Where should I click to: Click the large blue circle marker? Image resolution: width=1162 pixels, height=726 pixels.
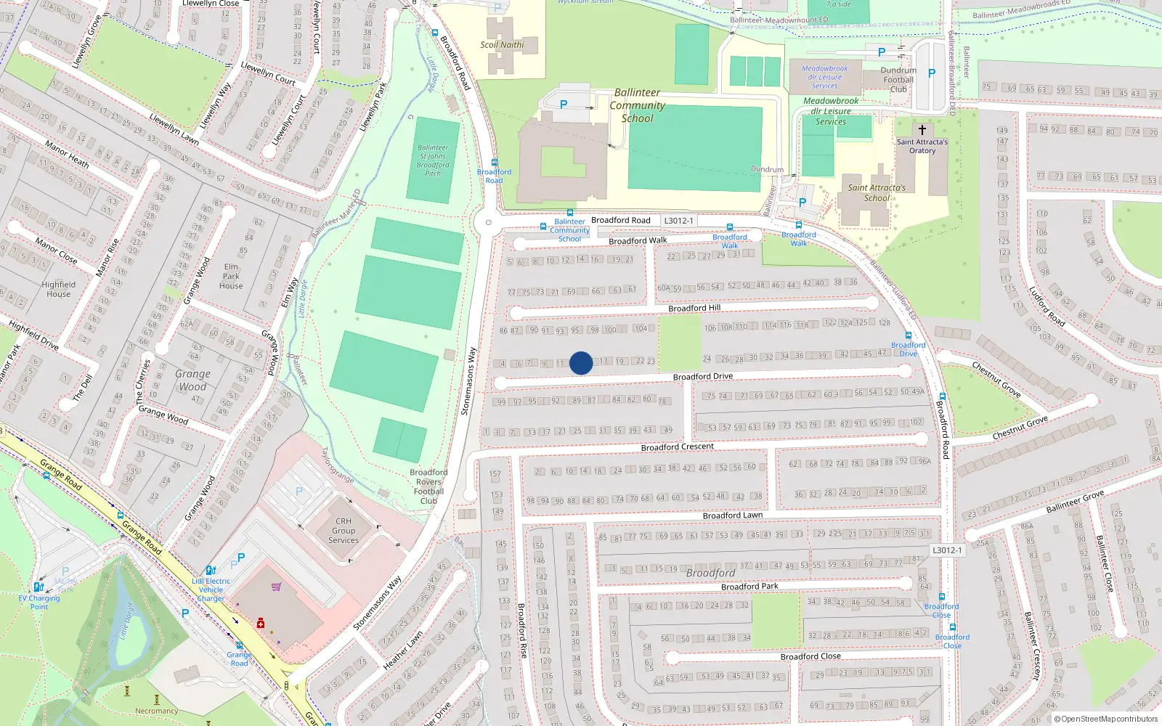[581, 363]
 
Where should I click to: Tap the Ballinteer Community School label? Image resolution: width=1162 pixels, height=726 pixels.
[637, 105]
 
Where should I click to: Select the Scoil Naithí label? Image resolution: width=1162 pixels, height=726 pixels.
[502, 45]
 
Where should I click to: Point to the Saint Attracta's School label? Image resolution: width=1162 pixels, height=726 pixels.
[877, 192]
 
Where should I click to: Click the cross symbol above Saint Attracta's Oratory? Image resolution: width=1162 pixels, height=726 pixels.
[922, 130]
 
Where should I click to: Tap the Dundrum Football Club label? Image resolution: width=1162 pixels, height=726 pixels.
[898, 80]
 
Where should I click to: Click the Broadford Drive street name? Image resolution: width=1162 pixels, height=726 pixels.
[702, 377]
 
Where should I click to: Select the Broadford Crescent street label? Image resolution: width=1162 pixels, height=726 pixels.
[677, 447]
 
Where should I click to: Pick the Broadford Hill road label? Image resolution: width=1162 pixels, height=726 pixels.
[694, 309]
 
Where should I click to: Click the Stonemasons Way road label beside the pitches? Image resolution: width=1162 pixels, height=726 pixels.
[469, 381]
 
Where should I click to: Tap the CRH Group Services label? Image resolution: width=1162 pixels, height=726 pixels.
[344, 531]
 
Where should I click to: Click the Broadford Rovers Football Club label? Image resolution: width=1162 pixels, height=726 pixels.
[428, 486]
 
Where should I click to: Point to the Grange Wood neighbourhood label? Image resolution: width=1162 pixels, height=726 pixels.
[192, 380]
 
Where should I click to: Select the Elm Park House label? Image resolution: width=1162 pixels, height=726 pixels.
[231, 276]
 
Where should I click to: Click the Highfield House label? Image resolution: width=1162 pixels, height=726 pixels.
[58, 289]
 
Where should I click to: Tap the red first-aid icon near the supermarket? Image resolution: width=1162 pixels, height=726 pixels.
[261, 623]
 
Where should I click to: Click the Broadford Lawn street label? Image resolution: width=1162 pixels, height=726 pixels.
[732, 515]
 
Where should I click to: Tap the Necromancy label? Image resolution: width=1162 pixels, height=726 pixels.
[156, 711]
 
